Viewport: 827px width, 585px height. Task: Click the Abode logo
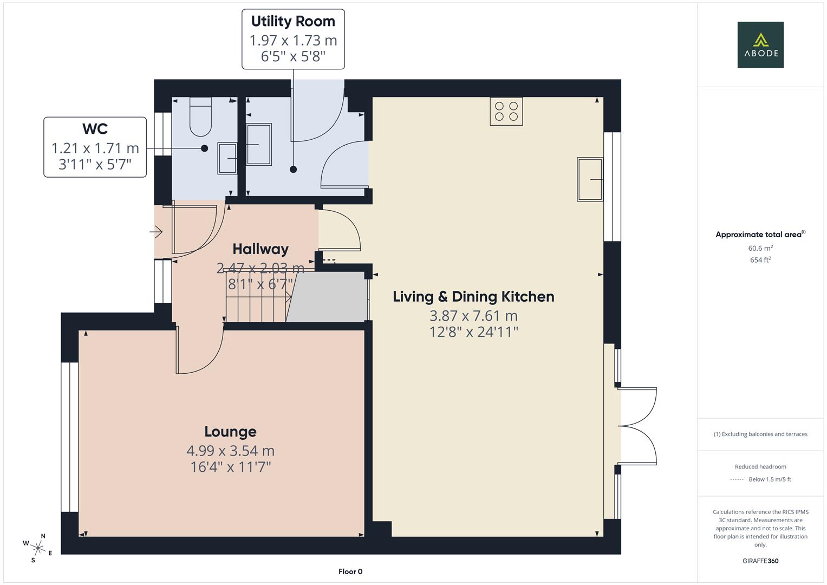(x=760, y=44)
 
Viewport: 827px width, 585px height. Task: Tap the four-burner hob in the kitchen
(x=506, y=112)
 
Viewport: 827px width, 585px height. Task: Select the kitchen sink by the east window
(x=590, y=179)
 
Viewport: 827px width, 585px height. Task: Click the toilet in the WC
(x=200, y=118)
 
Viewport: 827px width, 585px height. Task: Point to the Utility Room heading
(x=293, y=22)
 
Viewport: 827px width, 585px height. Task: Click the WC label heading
(x=95, y=129)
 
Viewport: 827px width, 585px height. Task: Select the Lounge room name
(x=230, y=432)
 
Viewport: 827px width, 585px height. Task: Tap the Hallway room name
(x=261, y=249)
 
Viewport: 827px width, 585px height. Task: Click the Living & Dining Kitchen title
(x=473, y=297)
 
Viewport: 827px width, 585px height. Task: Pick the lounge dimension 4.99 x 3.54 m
(x=230, y=451)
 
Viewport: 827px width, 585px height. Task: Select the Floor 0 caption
(x=350, y=571)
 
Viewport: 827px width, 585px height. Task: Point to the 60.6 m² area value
(x=760, y=248)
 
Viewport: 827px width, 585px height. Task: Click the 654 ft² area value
(x=760, y=260)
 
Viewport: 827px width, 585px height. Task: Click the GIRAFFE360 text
(x=760, y=561)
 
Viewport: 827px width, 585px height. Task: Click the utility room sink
(x=259, y=144)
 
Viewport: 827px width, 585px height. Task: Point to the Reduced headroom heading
(x=760, y=466)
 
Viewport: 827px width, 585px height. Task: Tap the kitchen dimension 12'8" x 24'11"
(x=473, y=332)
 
